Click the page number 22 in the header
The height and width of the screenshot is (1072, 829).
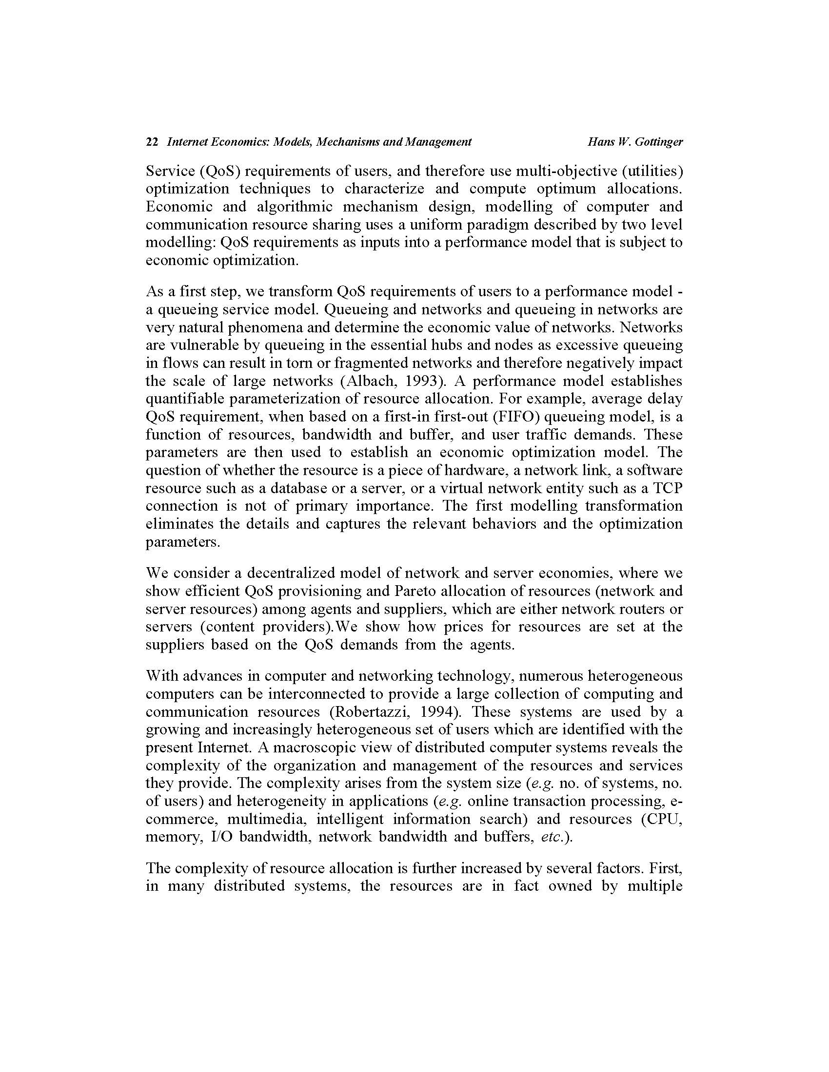coord(152,142)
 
